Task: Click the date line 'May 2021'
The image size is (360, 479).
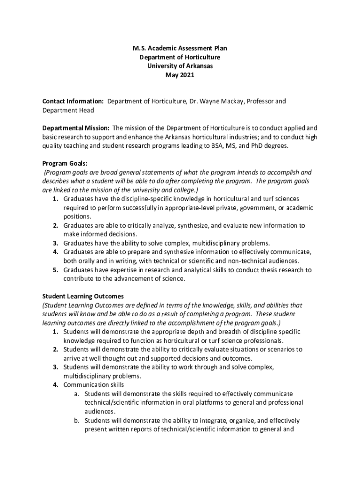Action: (180, 75)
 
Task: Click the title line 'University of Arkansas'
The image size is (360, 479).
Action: (180, 66)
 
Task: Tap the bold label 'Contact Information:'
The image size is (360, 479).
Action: (73, 101)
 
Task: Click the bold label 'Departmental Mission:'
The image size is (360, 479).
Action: (76, 128)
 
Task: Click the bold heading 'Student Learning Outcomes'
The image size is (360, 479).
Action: (83, 297)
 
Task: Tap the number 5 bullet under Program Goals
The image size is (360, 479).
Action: (55, 270)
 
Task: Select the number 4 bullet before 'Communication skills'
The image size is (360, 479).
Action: (55, 385)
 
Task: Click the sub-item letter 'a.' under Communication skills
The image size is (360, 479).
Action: (77, 394)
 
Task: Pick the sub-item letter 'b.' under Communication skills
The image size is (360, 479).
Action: (77, 421)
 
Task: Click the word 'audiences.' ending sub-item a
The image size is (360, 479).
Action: (100, 412)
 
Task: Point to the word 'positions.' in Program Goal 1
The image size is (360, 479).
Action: (78, 217)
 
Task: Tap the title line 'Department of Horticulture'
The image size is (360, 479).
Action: (180, 57)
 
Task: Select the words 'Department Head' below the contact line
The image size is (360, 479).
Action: (68, 110)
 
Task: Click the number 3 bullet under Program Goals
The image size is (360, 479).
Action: (55, 243)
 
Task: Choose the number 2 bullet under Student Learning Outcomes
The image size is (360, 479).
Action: (55, 349)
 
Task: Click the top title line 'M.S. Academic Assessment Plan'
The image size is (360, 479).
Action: (180, 48)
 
